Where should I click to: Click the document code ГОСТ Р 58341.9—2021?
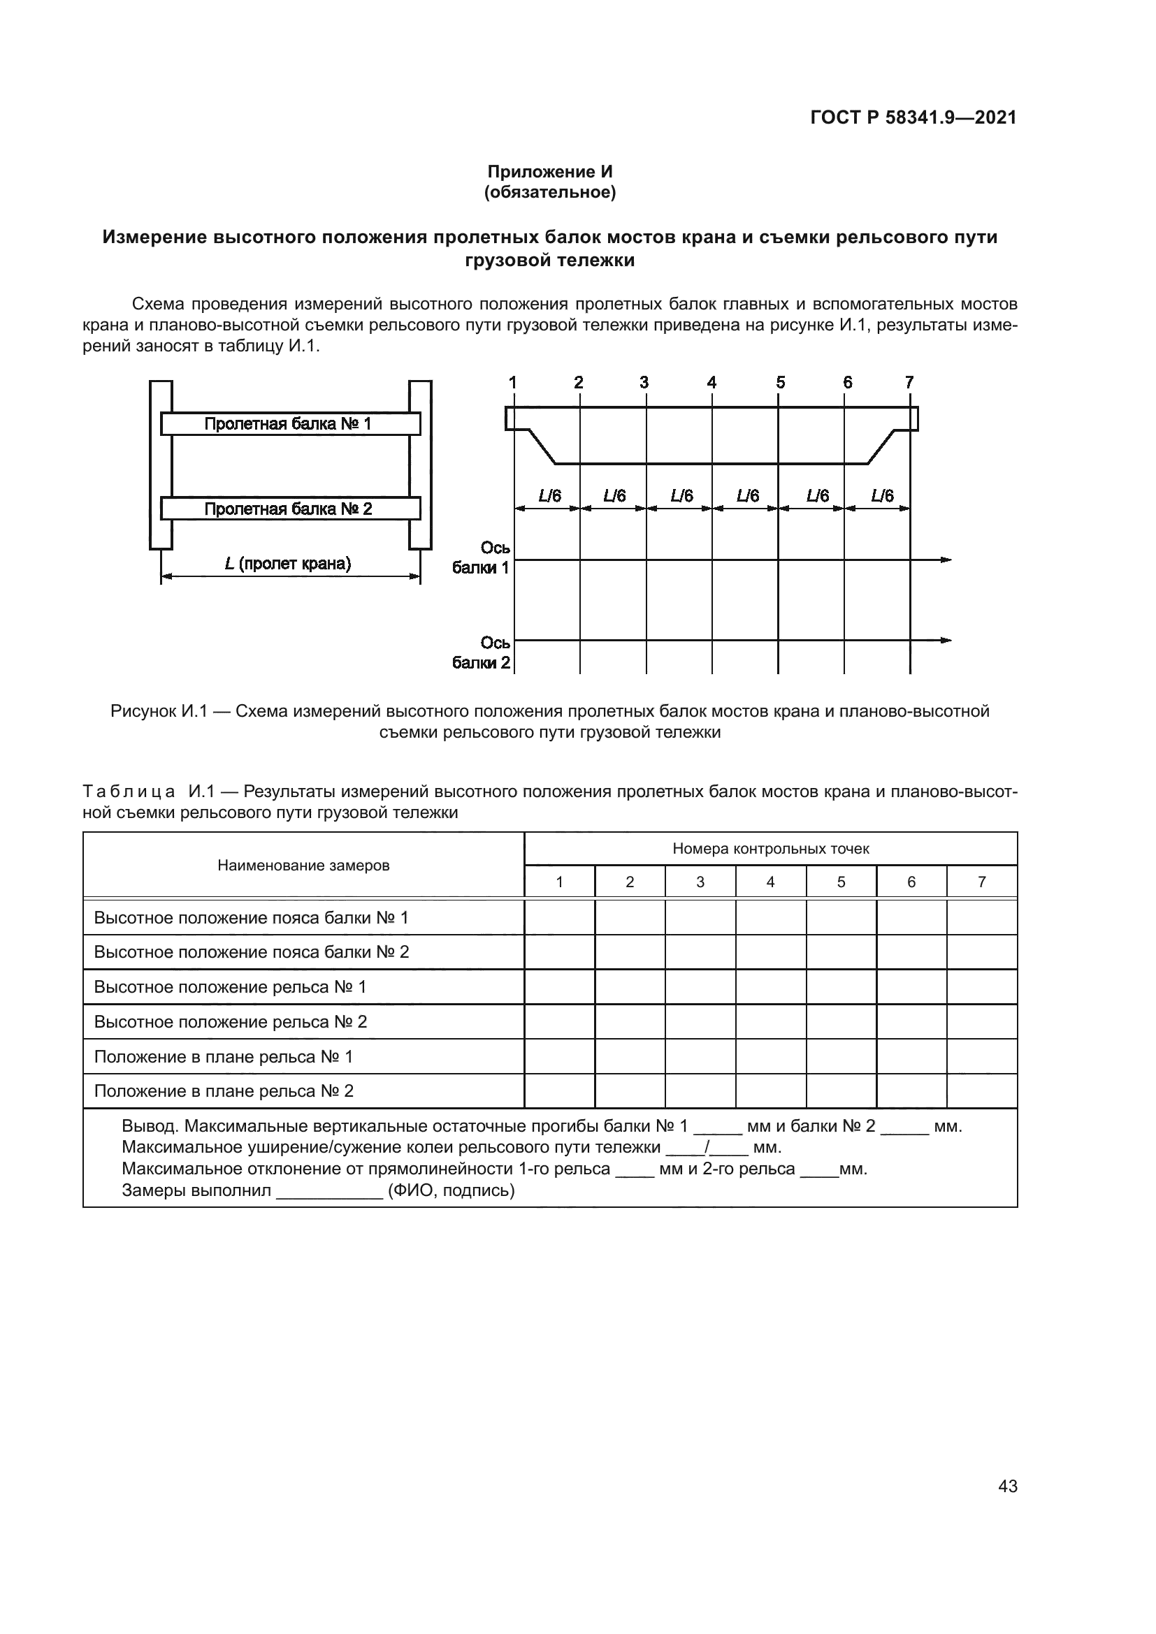coord(913,117)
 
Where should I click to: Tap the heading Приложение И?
coord(549,172)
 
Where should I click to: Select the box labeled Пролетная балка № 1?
coord(290,424)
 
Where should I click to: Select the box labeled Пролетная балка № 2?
coord(290,509)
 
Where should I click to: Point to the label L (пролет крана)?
coord(288,564)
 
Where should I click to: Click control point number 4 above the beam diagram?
coord(711,383)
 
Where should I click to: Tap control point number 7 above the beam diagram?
coord(909,383)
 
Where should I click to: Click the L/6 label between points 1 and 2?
coord(549,495)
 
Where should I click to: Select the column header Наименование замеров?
coord(303,866)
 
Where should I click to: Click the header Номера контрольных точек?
coord(770,848)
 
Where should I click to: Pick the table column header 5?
coord(841,882)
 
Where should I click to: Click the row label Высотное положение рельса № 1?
coord(230,987)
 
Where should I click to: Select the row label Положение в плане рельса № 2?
coord(224,1091)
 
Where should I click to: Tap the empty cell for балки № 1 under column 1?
coord(559,917)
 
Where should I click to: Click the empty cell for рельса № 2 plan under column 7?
coord(981,1091)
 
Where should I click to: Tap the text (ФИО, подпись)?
coord(451,1190)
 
